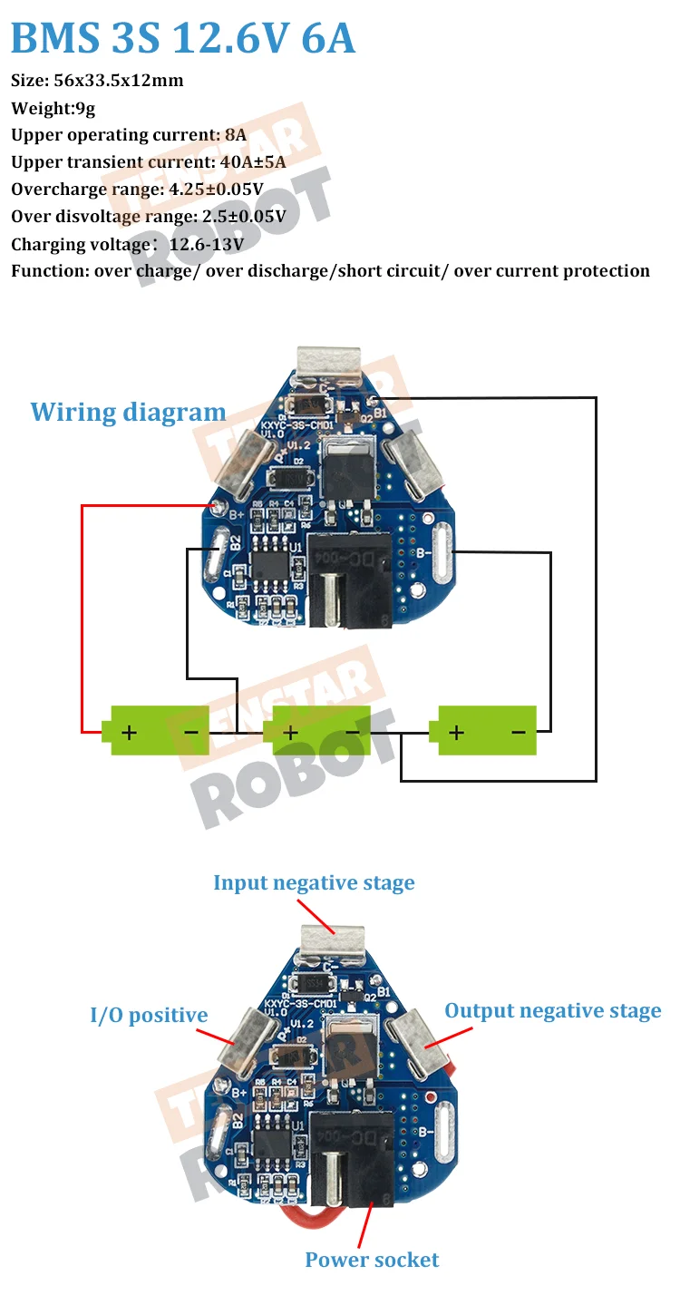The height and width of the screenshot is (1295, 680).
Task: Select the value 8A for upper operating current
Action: (235, 135)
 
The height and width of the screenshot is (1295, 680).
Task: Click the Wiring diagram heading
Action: (128, 412)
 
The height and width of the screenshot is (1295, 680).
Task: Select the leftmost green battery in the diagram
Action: (159, 730)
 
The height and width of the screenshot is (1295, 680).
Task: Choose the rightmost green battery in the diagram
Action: (487, 730)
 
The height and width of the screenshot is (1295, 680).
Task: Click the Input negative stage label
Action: (314, 882)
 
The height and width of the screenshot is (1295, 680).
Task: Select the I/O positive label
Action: (149, 1016)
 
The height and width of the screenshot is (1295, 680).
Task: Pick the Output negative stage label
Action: (552, 1011)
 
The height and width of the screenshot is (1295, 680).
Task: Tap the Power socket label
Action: (372, 1260)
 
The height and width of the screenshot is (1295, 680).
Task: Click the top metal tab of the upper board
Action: (330, 364)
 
